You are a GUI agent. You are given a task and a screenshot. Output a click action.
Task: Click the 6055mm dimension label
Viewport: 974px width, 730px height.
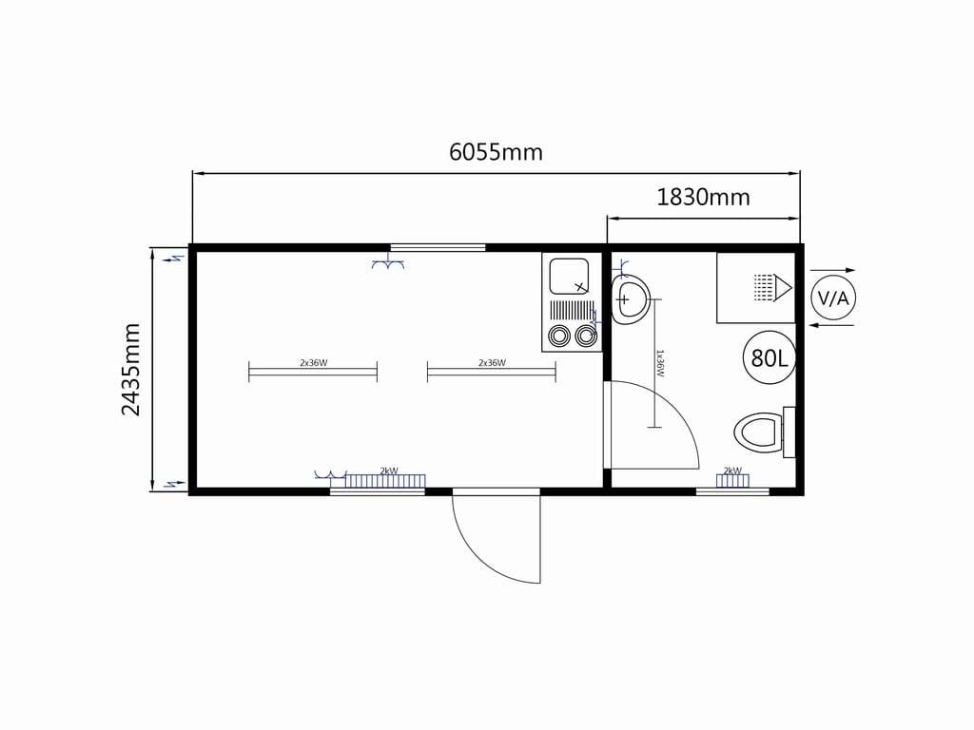(496, 151)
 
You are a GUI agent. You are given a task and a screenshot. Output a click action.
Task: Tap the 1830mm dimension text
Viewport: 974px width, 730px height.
(703, 197)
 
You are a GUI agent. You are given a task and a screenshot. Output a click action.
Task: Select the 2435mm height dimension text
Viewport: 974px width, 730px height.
(131, 370)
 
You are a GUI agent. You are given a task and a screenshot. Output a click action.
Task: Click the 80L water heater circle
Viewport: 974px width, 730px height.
(769, 357)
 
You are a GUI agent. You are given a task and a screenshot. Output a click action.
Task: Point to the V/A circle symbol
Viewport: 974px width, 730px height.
(833, 298)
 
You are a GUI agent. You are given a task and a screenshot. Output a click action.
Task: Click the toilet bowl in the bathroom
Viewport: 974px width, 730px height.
(757, 432)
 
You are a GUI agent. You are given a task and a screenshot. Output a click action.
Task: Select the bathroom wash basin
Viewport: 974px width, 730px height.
(631, 299)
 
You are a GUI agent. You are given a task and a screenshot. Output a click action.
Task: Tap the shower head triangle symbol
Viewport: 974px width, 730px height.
(783, 288)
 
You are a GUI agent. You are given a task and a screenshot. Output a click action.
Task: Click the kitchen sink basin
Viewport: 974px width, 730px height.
(569, 277)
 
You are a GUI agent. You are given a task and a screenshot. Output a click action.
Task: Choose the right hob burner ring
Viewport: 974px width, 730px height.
(586, 336)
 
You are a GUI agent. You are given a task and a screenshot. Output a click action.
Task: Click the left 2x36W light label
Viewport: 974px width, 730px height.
(313, 362)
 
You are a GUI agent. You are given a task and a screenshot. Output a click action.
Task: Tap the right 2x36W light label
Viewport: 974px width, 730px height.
(492, 362)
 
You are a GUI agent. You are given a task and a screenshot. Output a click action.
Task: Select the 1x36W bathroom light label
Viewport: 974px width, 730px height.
(660, 363)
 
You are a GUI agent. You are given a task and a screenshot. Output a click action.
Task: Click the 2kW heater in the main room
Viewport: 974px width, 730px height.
(385, 480)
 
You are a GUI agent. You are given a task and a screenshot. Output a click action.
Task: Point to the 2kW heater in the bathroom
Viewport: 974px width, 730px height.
(732, 480)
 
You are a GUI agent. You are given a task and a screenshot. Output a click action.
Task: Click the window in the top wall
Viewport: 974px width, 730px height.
(438, 248)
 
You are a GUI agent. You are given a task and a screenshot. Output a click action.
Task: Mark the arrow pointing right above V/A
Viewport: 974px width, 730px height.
(833, 270)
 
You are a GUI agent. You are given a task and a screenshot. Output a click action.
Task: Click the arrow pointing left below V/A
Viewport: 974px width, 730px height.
(833, 325)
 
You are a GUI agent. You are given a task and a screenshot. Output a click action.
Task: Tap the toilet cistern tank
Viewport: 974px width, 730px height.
(789, 432)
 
